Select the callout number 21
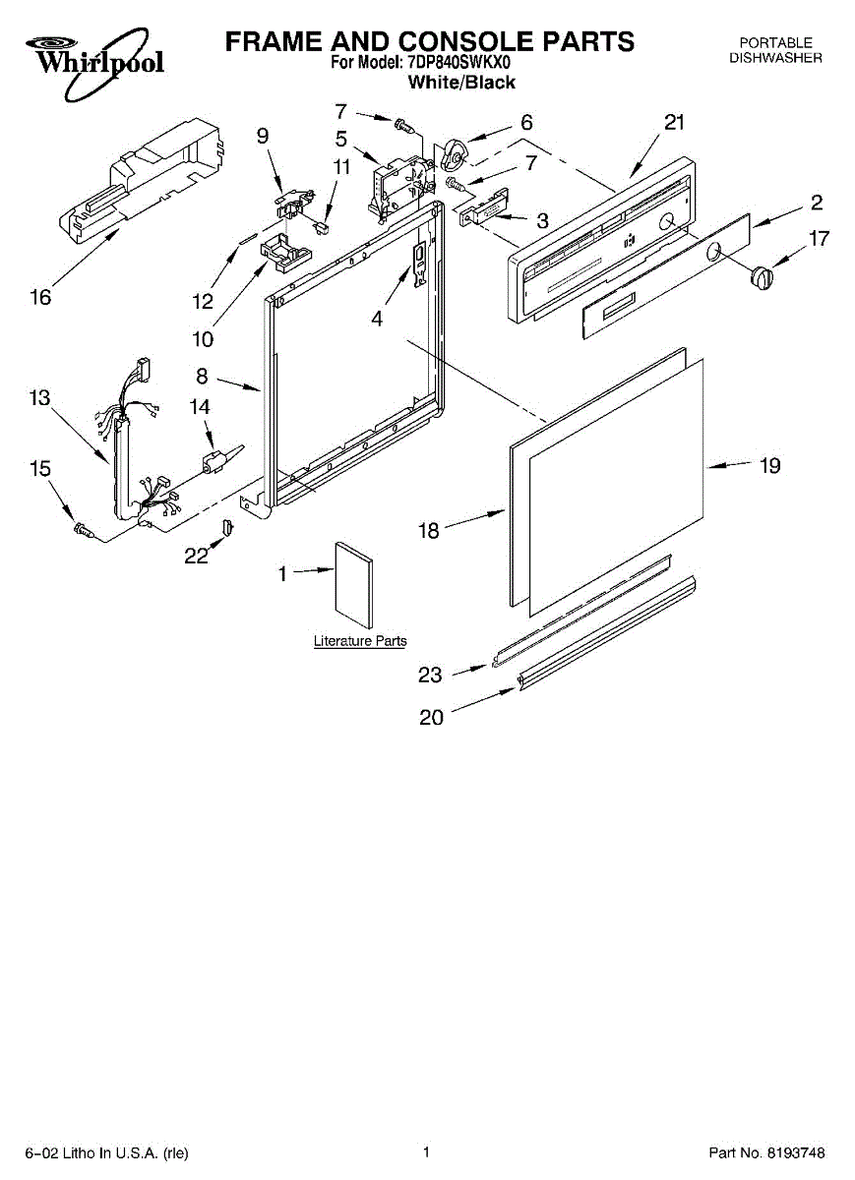[x=673, y=123]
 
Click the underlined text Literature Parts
[x=360, y=641]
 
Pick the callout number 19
[x=769, y=465]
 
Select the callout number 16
[x=40, y=297]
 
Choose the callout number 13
[x=40, y=398]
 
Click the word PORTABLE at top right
[x=775, y=42]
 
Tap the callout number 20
[x=431, y=718]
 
